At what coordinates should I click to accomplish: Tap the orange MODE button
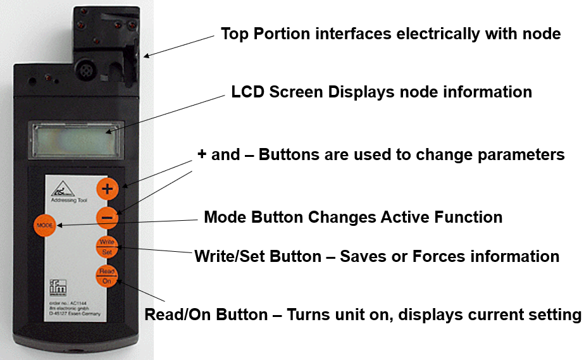coord(44,225)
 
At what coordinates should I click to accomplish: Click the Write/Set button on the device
coord(106,247)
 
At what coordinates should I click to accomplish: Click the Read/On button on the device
coord(106,276)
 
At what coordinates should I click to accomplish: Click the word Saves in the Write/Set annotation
coord(364,256)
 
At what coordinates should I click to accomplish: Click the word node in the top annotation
coord(544,34)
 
